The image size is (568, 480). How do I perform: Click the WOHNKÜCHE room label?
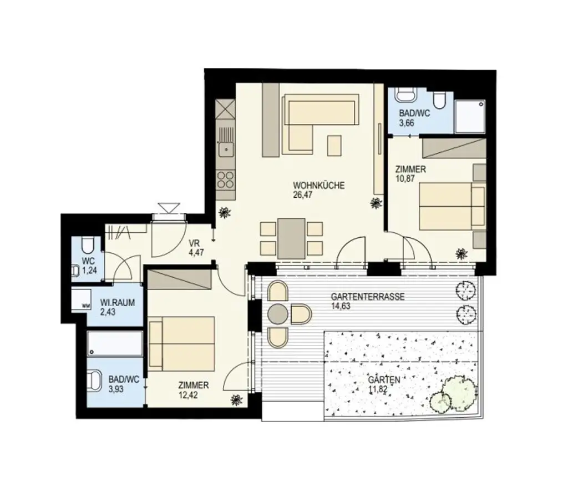pos(318,186)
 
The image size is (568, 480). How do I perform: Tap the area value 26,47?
pos(303,195)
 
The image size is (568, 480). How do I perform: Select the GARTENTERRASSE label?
pos(368,296)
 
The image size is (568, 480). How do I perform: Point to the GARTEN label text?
pos(384,380)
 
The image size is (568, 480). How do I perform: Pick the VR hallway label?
pos(194,243)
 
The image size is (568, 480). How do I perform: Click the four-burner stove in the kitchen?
pos(226,179)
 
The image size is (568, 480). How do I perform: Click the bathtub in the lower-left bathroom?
pos(115,344)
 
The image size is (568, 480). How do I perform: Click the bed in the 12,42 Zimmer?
pos(181,343)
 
